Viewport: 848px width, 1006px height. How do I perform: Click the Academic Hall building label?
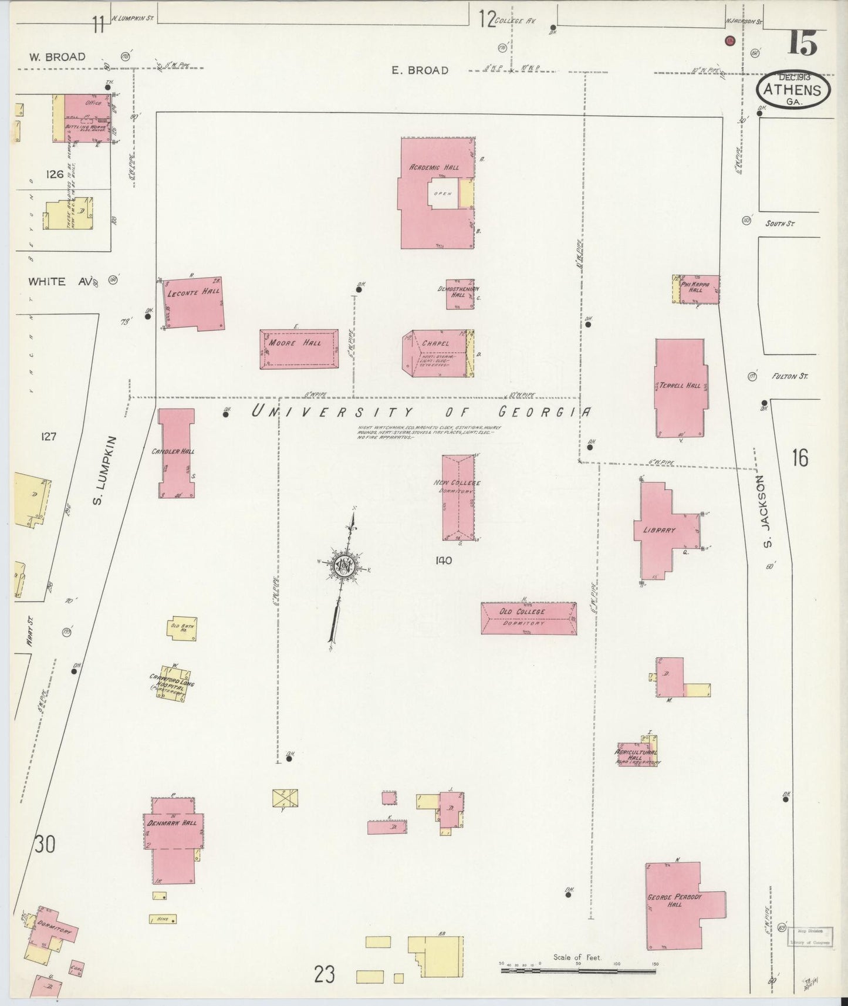(434, 167)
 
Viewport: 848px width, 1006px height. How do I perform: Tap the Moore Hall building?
(299, 349)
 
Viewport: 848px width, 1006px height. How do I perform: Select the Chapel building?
(437, 353)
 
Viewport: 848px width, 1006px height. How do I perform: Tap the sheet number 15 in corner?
(803, 42)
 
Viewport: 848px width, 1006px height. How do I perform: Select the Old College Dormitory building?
(528, 617)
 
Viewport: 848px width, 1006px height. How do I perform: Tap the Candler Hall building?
(176, 453)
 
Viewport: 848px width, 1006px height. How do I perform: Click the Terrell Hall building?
(680, 387)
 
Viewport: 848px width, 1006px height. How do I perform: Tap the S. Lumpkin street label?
(98, 470)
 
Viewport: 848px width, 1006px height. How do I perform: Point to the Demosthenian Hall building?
(460, 293)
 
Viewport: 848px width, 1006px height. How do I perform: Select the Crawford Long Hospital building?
(172, 684)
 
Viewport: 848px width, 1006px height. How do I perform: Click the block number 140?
(444, 561)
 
